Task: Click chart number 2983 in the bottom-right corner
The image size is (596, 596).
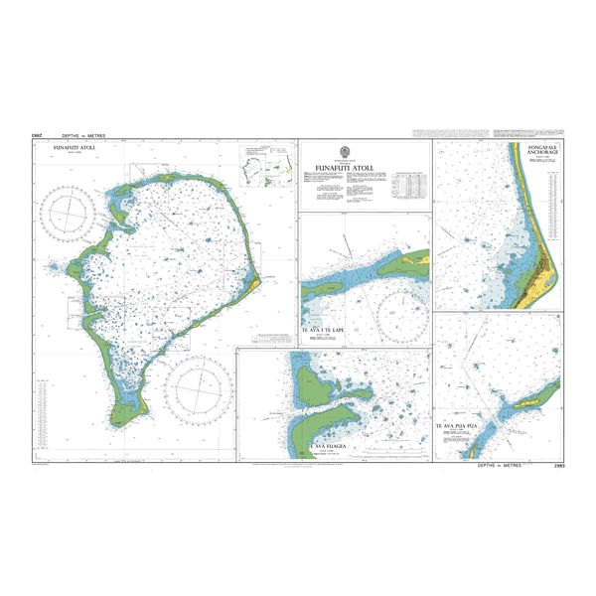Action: [x=552, y=464]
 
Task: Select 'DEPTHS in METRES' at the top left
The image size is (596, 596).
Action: [x=83, y=134]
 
